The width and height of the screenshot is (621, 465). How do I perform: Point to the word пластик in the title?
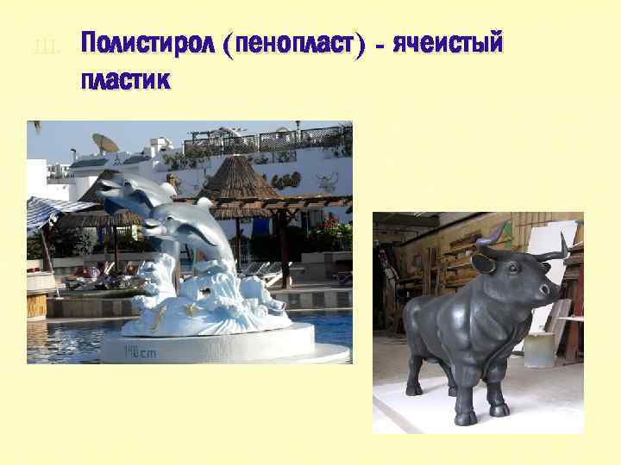pyautogui.click(x=124, y=82)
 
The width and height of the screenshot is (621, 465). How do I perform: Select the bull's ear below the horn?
pyautogui.click(x=484, y=263)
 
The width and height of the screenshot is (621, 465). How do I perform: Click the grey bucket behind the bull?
pyautogui.click(x=539, y=349)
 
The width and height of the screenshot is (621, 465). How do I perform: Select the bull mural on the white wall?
pyautogui.click(x=326, y=183)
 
